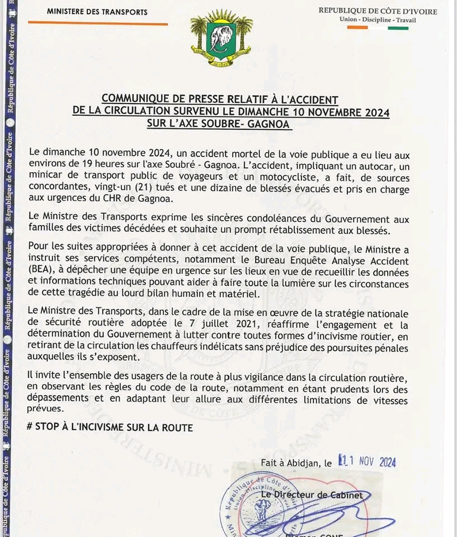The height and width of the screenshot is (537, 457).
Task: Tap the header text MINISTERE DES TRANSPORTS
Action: (97, 12)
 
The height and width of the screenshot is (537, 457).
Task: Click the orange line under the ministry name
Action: (97, 23)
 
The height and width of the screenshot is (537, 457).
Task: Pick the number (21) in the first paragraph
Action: (210, 189)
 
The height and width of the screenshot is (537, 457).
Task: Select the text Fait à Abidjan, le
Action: (296, 463)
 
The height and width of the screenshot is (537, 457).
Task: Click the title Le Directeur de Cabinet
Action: (312, 494)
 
